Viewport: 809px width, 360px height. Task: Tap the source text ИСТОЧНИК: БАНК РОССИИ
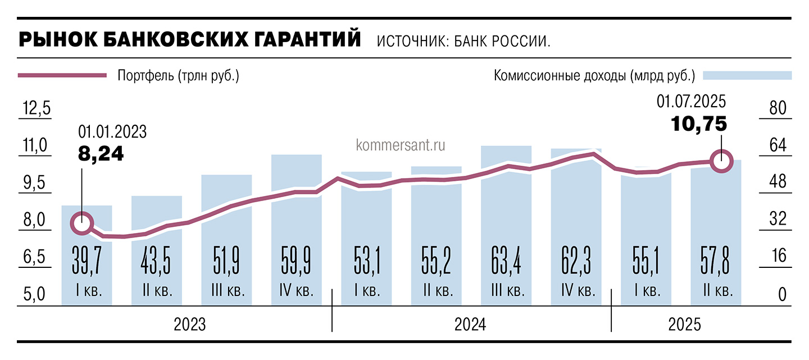click(463, 42)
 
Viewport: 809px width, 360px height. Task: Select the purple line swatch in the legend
click(62, 75)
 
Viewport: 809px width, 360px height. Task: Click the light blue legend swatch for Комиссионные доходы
click(748, 75)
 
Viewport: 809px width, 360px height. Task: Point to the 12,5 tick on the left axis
click(35, 108)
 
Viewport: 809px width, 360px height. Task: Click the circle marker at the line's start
click(82, 223)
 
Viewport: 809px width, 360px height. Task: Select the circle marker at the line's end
click(721, 161)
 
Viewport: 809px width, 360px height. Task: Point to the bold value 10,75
click(699, 123)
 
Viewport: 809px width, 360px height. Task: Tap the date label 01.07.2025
click(692, 102)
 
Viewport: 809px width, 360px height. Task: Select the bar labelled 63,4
click(506, 225)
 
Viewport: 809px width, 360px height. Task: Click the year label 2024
click(470, 325)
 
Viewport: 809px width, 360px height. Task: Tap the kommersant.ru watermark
click(401, 145)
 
